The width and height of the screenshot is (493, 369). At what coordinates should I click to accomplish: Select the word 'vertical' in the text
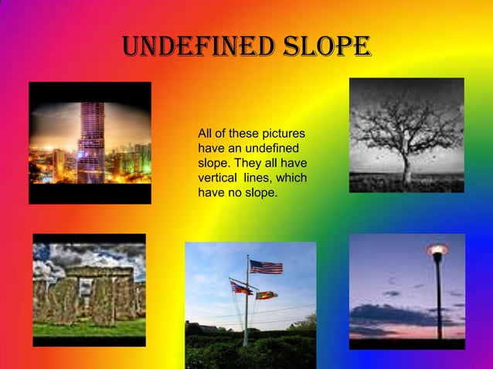point(219,178)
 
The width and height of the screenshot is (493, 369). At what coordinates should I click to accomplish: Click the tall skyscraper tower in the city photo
point(90,142)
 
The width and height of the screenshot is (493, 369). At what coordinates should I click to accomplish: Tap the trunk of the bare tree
point(406,168)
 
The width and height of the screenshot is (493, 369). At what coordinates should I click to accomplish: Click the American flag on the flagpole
point(265,267)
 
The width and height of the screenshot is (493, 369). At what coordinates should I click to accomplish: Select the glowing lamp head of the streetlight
point(437,249)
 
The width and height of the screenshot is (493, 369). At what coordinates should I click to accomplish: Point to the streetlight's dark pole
point(438,301)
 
